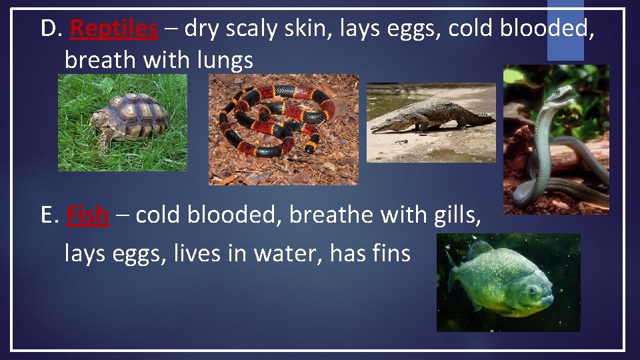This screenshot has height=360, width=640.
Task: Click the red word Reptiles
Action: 114,28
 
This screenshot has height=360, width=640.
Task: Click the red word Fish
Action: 87,215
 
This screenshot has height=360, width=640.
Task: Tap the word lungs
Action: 225,61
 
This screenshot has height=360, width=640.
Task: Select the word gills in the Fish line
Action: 456,215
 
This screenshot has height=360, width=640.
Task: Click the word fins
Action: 386,253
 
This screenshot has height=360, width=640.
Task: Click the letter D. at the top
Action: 51,28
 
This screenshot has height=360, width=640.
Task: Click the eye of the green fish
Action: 533,290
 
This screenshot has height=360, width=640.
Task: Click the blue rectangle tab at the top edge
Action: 565,30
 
